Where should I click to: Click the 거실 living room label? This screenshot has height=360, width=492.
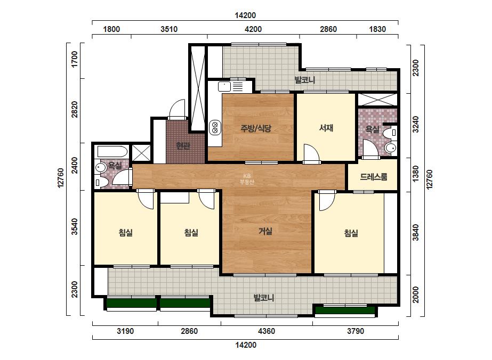[x=265, y=231]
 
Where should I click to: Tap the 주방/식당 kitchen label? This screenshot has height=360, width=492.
[x=255, y=128]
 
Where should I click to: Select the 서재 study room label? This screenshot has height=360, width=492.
[x=326, y=128]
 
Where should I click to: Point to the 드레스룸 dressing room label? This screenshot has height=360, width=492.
[x=373, y=177]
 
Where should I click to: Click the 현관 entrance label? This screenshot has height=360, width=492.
[x=183, y=145]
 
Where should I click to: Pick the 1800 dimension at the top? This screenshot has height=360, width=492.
[x=111, y=29]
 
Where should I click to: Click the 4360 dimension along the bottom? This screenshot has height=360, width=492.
[x=266, y=331]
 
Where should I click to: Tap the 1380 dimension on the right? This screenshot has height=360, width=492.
[x=415, y=174]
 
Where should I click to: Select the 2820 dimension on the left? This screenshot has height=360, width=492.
[x=75, y=110]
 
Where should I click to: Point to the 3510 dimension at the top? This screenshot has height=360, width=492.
[x=169, y=29]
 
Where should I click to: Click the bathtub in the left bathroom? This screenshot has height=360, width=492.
[x=112, y=152]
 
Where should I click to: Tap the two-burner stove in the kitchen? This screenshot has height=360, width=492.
[x=215, y=128]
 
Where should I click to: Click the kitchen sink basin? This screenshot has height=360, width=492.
[x=224, y=86]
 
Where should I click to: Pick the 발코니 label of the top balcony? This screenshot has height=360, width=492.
[x=305, y=80]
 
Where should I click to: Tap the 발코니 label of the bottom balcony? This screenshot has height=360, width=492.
[x=263, y=298]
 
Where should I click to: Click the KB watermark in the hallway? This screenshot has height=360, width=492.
[x=247, y=179]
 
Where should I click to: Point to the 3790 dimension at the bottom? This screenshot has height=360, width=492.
[x=356, y=331]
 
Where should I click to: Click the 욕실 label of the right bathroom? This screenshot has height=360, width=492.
[x=373, y=129]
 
